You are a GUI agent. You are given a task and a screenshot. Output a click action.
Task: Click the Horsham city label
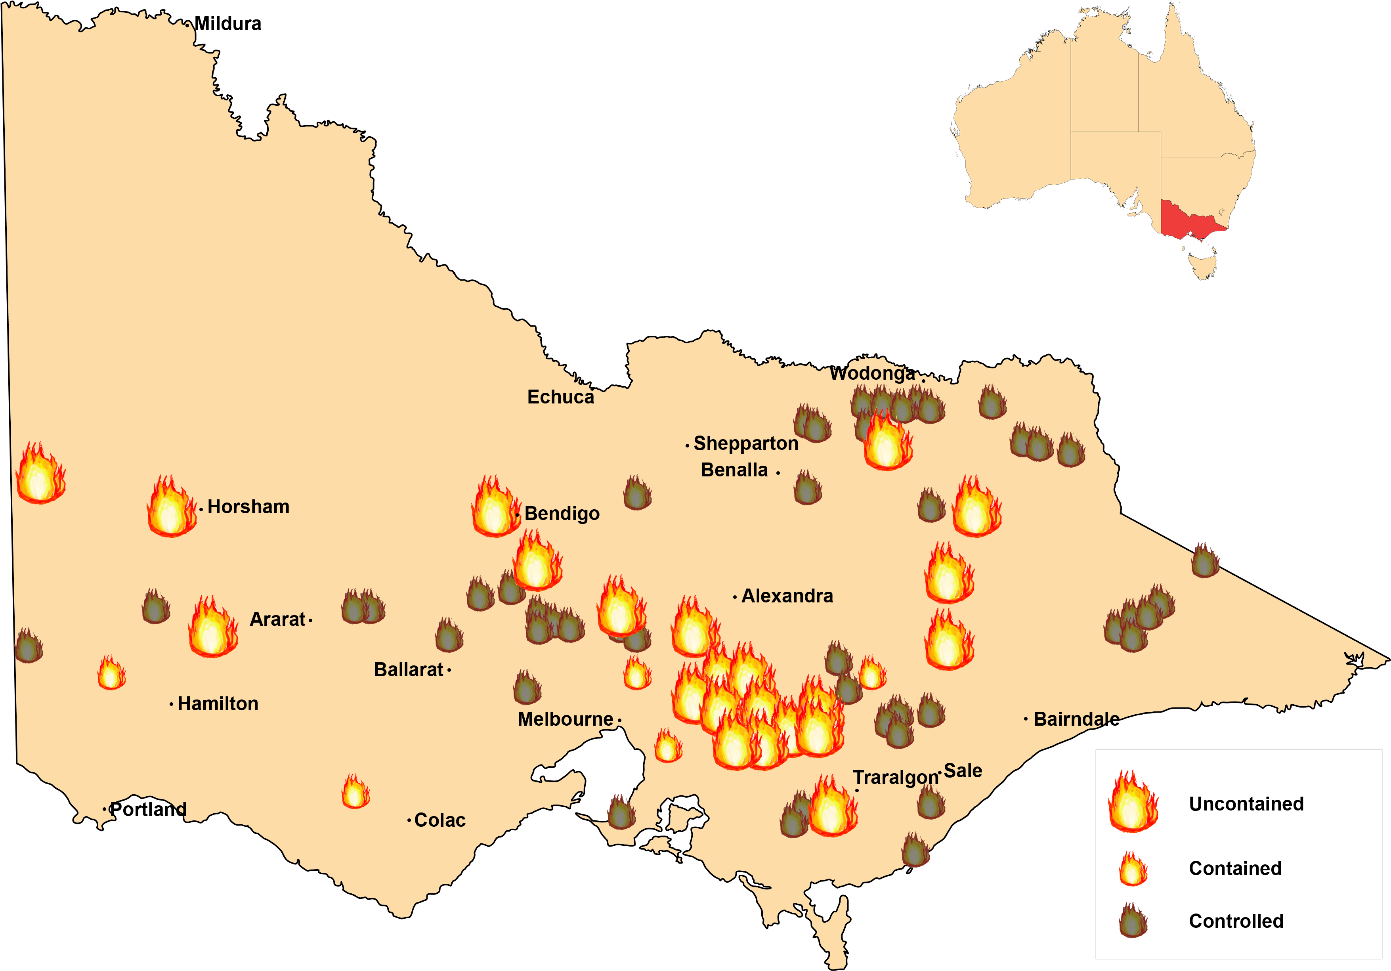(x=248, y=507)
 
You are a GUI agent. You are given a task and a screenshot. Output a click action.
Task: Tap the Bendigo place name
(x=562, y=514)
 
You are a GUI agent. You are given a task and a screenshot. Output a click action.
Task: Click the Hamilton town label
(x=218, y=704)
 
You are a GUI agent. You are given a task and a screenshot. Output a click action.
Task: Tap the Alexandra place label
(x=787, y=596)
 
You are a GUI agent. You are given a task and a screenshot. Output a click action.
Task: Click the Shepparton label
(x=746, y=443)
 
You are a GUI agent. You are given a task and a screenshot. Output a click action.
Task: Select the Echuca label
(x=560, y=398)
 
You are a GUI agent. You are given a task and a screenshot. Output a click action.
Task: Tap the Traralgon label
(x=895, y=777)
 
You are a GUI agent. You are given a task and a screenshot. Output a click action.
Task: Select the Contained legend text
(x=1235, y=869)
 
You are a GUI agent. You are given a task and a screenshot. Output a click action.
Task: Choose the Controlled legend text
(x=1236, y=921)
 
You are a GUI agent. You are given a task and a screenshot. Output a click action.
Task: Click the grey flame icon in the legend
(x=1133, y=921)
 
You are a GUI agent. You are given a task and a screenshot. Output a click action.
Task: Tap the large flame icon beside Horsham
(x=172, y=508)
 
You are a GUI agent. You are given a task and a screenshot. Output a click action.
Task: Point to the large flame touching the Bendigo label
(x=495, y=508)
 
